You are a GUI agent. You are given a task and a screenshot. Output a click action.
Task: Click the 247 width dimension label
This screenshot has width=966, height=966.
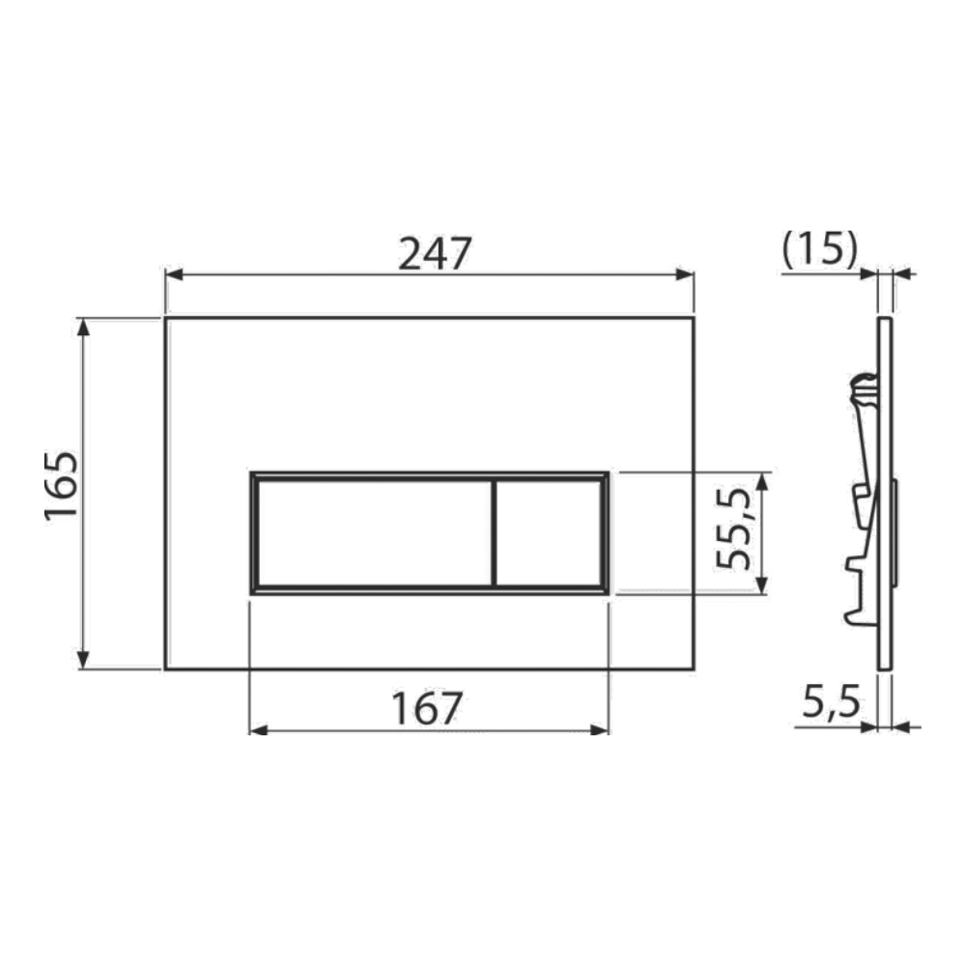(x=435, y=254)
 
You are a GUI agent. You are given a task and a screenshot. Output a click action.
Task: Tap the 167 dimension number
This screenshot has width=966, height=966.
(x=427, y=708)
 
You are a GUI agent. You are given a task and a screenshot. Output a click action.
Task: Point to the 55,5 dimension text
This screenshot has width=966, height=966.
(x=734, y=529)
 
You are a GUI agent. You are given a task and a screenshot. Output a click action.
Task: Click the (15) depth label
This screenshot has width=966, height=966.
(x=819, y=250)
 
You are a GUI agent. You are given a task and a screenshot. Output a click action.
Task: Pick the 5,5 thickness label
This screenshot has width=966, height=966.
(x=831, y=702)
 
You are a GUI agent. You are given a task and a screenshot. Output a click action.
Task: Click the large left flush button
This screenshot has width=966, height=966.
(x=375, y=533)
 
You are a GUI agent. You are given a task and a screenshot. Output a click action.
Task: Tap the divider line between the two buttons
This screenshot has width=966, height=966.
(x=494, y=533)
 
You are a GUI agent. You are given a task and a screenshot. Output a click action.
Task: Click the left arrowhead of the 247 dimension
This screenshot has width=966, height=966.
(x=175, y=274)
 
